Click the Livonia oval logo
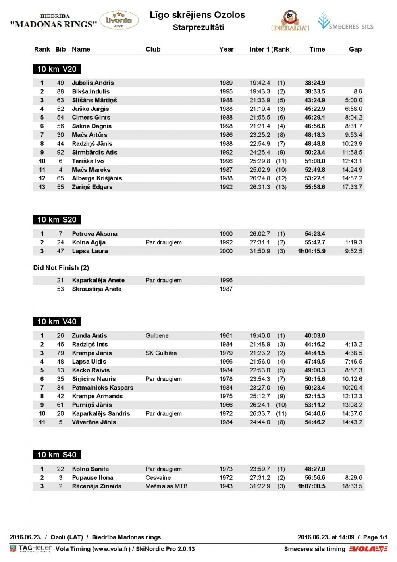coord(119,20)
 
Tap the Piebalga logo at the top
coord(290,21)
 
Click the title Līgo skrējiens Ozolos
coord(197,15)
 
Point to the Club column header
coord(153,49)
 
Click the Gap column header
coord(355,49)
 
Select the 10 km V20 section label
coord(57,69)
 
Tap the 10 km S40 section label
coord(57,455)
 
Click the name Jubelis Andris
coord(93,83)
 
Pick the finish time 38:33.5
coord(315,91)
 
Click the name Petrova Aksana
coord(94,234)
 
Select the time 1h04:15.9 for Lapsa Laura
coord(312,251)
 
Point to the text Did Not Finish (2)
coord(61,268)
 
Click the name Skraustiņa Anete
coord(96,289)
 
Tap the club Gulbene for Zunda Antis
coord(157,336)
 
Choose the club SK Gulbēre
coord(161,353)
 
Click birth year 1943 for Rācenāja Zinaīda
coord(226,486)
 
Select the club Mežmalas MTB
coord(166,486)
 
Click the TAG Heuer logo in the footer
coord(31,549)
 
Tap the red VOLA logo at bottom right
coord(368,549)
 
